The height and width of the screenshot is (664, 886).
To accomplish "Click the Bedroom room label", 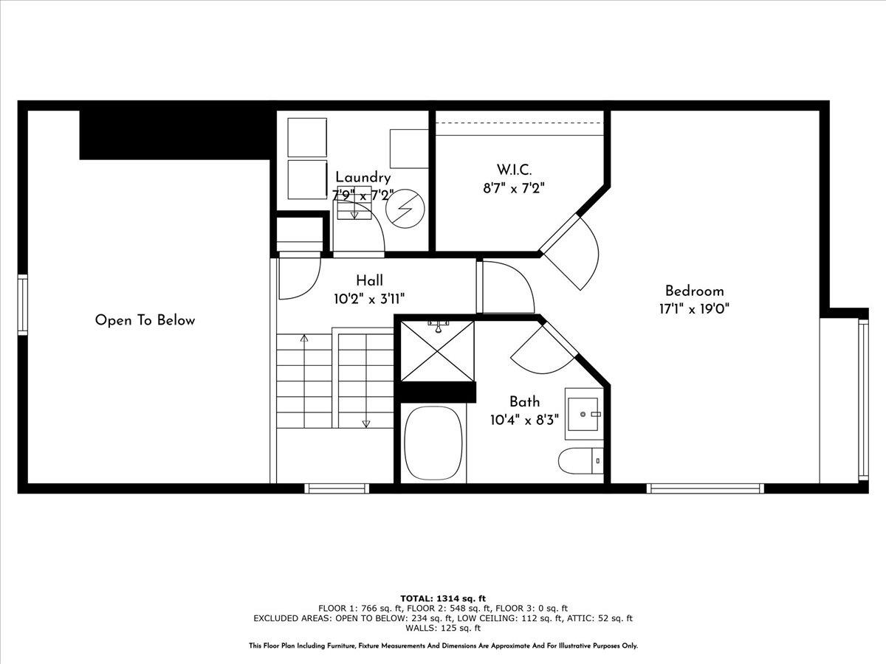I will tap(694, 291).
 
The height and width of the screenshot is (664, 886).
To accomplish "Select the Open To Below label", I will tap(145, 320).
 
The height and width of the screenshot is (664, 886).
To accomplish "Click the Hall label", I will tap(369, 280).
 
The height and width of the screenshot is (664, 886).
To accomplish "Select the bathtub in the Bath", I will tap(433, 443).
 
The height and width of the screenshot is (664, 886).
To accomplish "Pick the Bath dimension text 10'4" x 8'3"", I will tap(524, 420).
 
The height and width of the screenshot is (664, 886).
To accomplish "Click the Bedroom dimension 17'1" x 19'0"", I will tap(694, 309).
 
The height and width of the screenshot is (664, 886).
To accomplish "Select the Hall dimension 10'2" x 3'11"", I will tap(368, 299).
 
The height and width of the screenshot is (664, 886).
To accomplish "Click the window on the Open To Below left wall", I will tap(22, 304).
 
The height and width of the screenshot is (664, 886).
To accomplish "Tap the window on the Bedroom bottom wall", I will tap(705, 488).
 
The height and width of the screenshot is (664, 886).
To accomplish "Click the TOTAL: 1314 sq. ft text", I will tap(443, 598).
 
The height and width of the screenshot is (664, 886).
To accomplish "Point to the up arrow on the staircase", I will tap(303, 339).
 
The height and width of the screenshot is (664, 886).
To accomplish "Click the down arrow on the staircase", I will tap(365, 423).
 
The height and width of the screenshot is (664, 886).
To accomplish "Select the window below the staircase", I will tap(337, 488).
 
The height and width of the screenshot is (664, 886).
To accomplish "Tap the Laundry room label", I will tap(363, 177).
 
